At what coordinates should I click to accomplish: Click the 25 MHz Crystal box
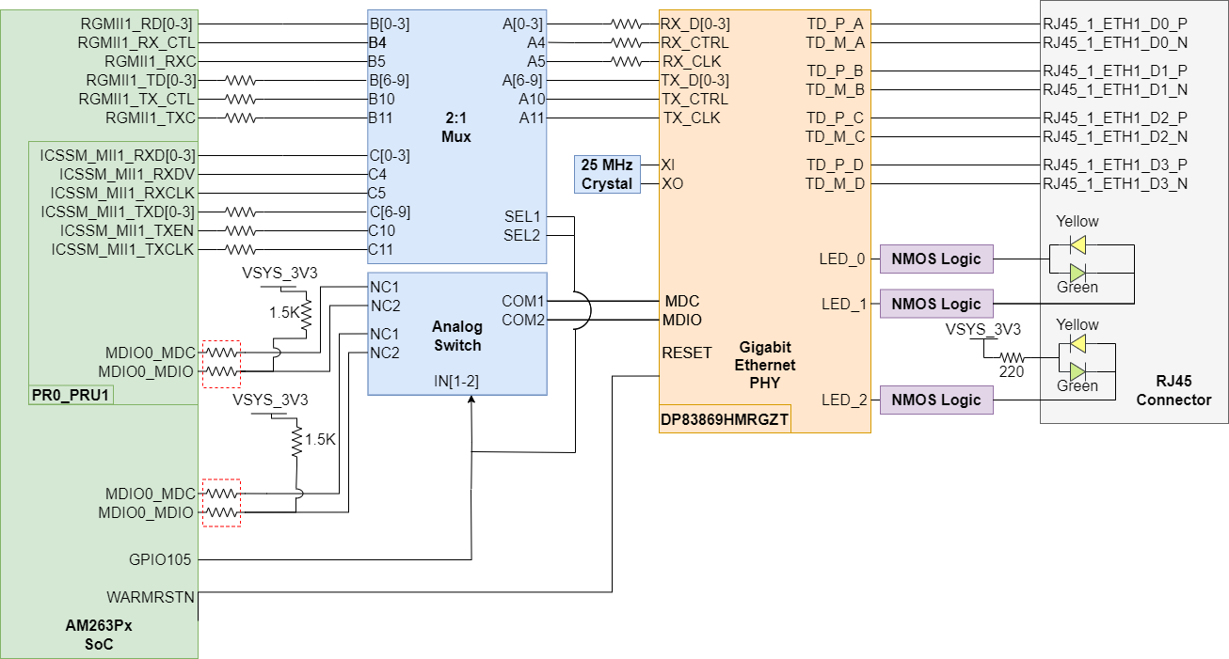pos(607,174)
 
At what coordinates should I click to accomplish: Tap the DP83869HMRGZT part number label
pos(725,418)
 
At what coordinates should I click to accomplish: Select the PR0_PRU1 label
pos(72,395)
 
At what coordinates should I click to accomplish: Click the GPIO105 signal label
pos(161,559)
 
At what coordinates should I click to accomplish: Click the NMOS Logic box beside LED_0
pos(936,259)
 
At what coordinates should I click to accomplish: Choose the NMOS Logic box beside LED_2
pos(936,400)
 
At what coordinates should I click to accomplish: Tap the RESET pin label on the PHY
pos(686,353)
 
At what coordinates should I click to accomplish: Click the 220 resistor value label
pos(1013,371)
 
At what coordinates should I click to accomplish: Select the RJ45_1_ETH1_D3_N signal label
pos(1114,183)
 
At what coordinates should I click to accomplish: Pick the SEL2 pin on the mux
pos(522,235)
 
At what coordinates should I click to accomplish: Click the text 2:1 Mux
pos(456,128)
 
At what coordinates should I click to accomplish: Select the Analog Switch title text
pos(456,336)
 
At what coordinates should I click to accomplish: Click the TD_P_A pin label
pos(835,24)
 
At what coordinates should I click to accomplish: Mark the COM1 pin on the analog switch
pos(522,301)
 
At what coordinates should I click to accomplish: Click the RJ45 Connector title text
pos(1173,390)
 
